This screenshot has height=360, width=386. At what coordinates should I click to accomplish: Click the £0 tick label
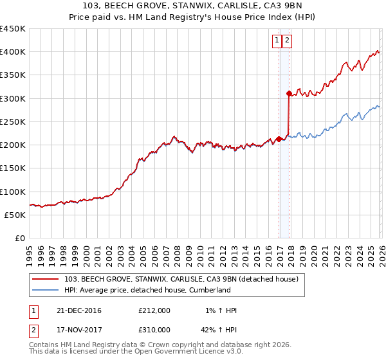(x=20, y=239)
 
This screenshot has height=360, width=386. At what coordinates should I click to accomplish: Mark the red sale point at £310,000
(x=289, y=94)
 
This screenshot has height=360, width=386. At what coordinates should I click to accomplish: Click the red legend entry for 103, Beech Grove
(x=181, y=280)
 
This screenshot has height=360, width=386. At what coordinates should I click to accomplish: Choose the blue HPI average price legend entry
(x=147, y=291)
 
